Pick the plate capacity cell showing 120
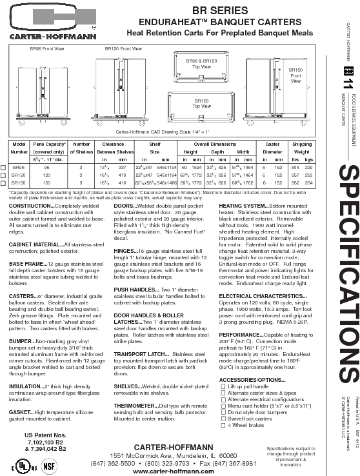pos(46,175)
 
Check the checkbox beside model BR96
pos(5,167)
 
